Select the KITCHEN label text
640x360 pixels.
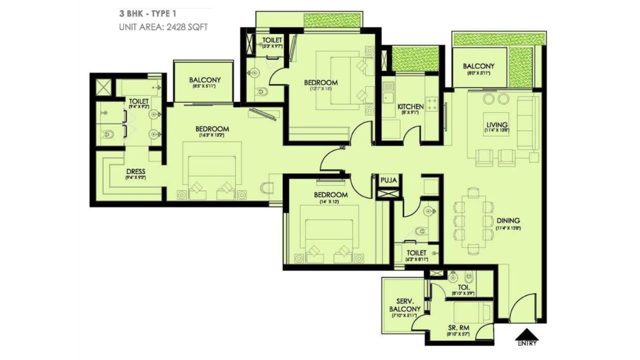[410, 106]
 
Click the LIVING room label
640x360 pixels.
[496, 124]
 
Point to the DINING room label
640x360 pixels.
[508, 220]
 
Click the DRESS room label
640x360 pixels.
[135, 171]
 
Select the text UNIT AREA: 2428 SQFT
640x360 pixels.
[163, 26]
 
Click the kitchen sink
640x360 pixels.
[388, 93]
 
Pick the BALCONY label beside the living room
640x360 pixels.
[478, 66]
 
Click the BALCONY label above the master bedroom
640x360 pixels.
[204, 80]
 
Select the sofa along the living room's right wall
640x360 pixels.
[527, 122]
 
